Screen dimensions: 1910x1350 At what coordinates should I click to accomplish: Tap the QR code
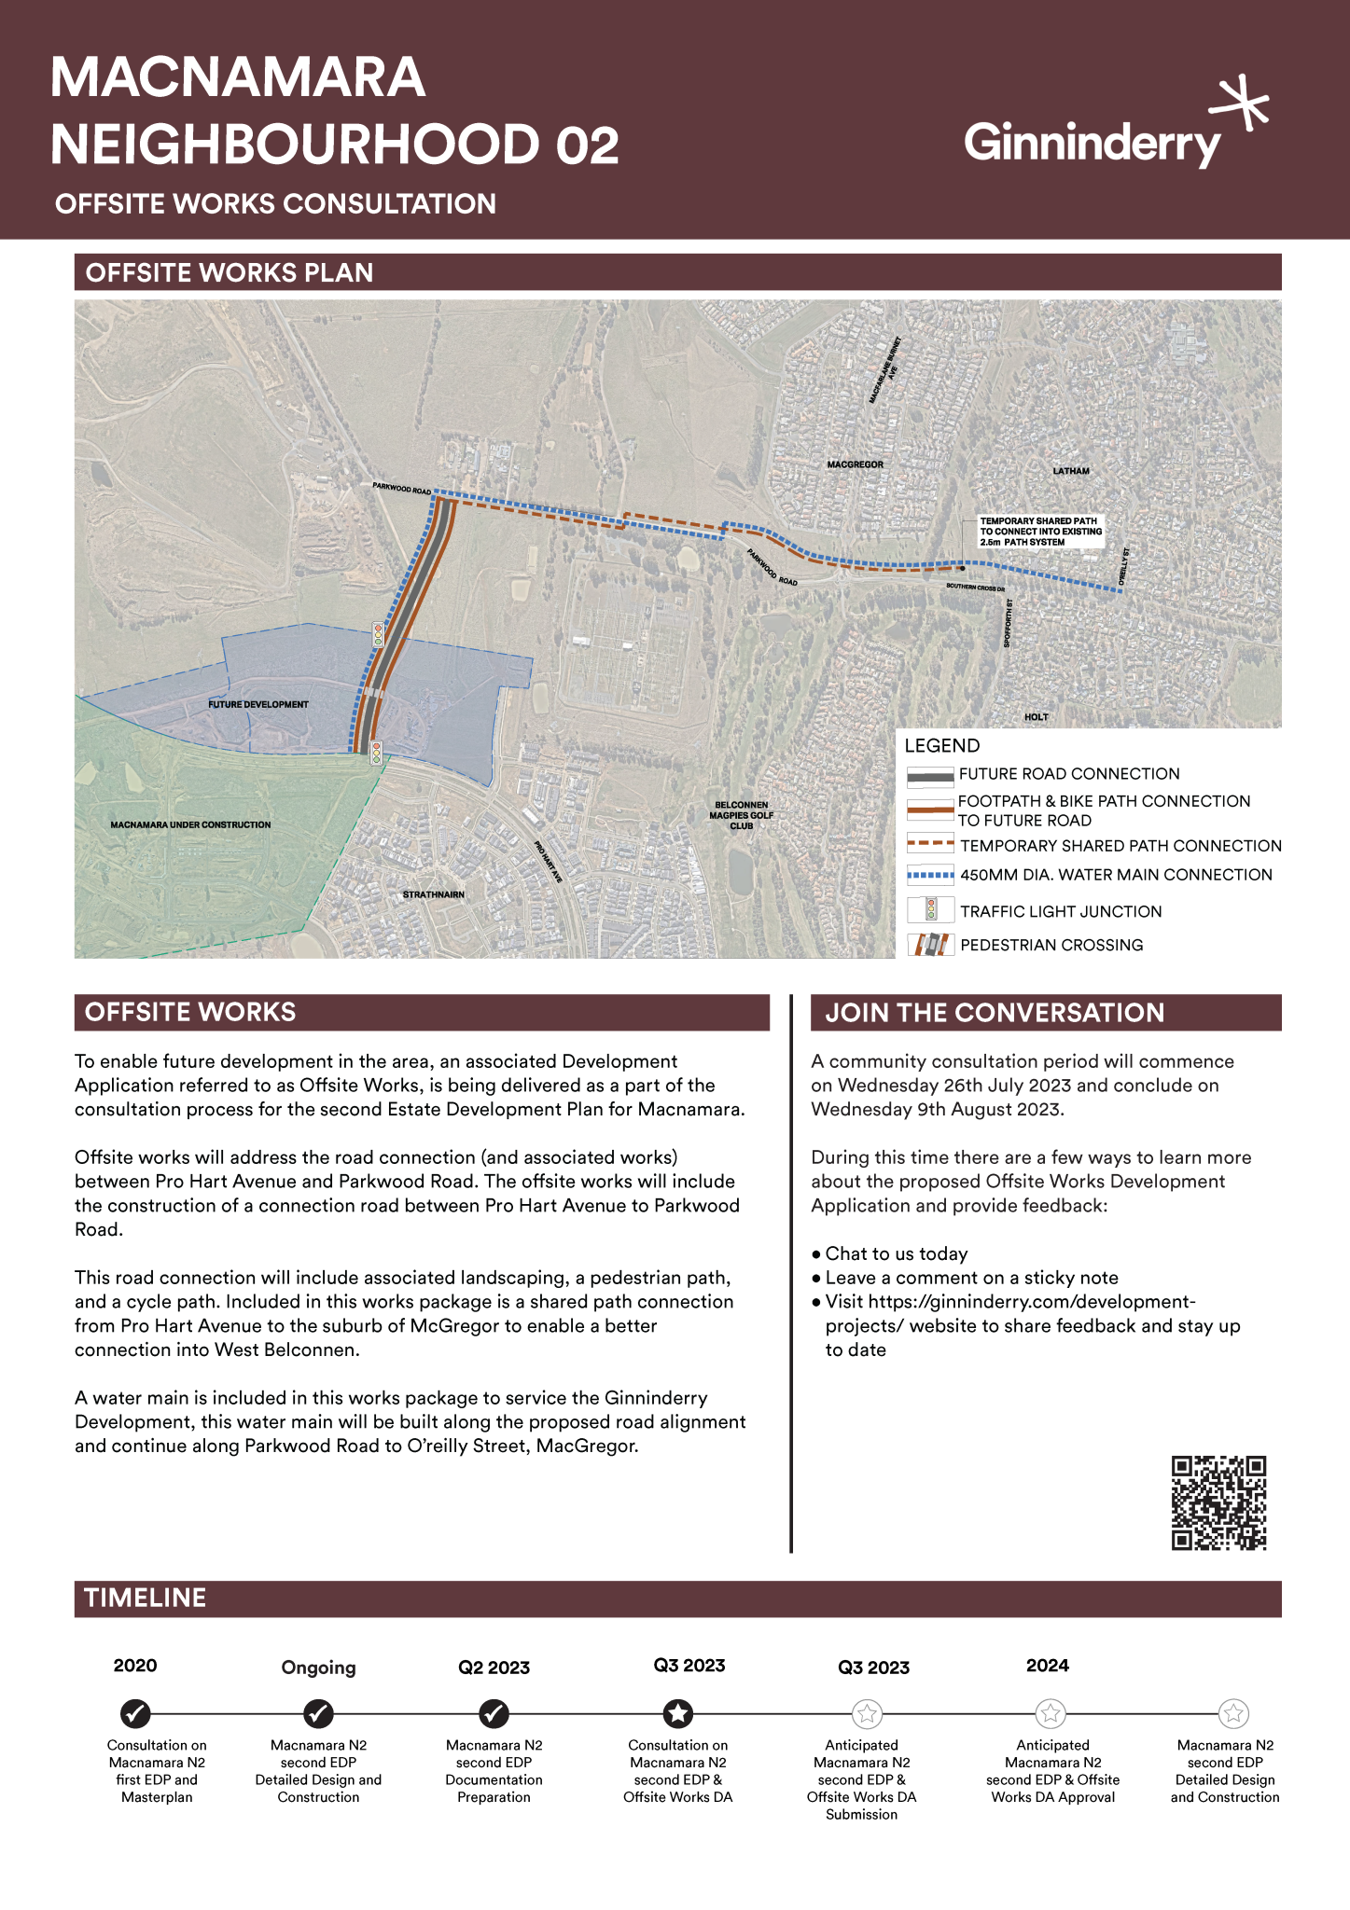coord(1218,1502)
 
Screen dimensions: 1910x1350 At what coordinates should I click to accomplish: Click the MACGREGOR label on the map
coord(855,464)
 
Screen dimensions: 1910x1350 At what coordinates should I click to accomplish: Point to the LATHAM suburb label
coord(1071,471)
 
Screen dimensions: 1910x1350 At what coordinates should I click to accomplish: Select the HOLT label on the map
coord(1036,717)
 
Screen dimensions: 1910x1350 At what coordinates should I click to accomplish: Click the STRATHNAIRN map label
coord(433,894)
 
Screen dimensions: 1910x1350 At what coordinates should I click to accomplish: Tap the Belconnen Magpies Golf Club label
coord(741,815)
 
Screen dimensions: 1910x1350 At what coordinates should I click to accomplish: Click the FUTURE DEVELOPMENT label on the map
coord(257,704)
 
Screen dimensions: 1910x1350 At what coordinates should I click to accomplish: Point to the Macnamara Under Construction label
coord(190,824)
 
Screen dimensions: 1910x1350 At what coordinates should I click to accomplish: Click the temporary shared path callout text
coord(1040,532)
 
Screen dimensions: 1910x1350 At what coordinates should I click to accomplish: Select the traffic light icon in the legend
coord(930,910)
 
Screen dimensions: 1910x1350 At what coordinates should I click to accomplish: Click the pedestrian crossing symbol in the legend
coord(930,945)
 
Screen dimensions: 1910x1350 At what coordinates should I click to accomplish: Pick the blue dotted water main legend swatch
coord(930,875)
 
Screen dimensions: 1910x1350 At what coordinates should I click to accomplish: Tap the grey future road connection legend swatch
coord(930,775)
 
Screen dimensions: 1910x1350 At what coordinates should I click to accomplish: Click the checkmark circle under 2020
coord(135,1713)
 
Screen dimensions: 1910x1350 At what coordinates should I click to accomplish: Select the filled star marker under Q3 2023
coord(678,1713)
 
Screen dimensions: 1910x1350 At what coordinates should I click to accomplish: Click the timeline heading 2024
coord(1047,1666)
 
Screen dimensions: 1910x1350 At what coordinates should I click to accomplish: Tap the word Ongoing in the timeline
coord(318,1668)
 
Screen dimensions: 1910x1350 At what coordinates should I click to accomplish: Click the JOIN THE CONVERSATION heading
coord(995,1013)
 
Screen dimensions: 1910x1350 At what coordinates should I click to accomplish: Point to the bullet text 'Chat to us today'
coord(896,1253)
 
